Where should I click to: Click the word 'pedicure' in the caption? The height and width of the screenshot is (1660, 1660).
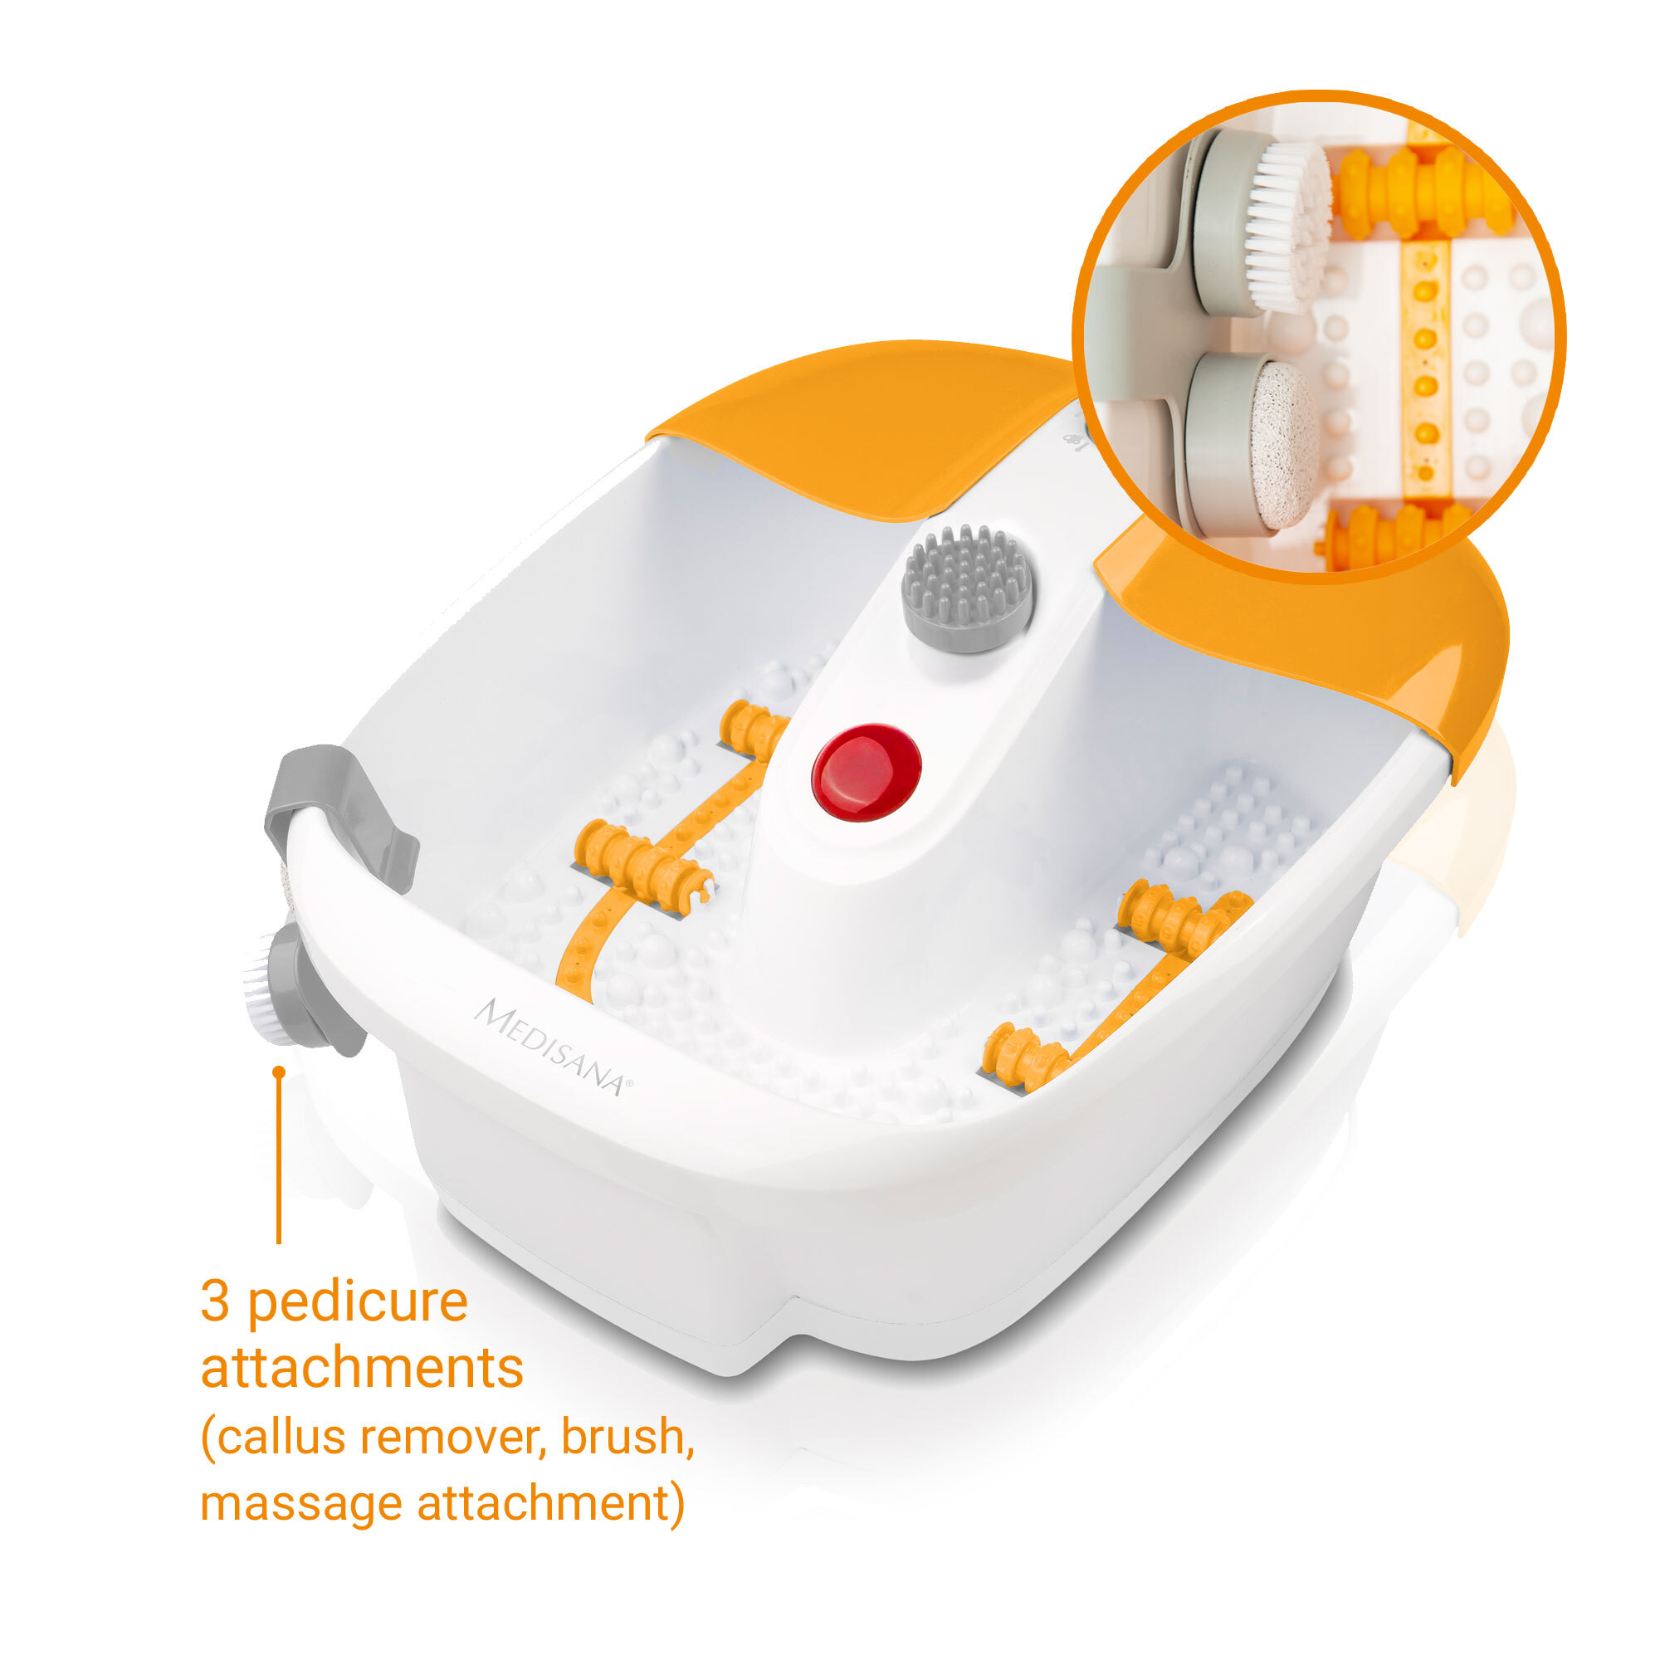pyautogui.click(x=358, y=1301)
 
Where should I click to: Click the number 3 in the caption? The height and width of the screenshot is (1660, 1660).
pyautogui.click(x=215, y=1301)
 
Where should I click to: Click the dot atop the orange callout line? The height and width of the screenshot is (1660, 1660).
pyautogui.click(x=278, y=1072)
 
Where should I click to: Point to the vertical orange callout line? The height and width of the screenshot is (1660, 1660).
pyautogui.click(x=278, y=1157)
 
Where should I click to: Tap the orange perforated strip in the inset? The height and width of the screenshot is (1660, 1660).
pyautogui.click(x=1425, y=369)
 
